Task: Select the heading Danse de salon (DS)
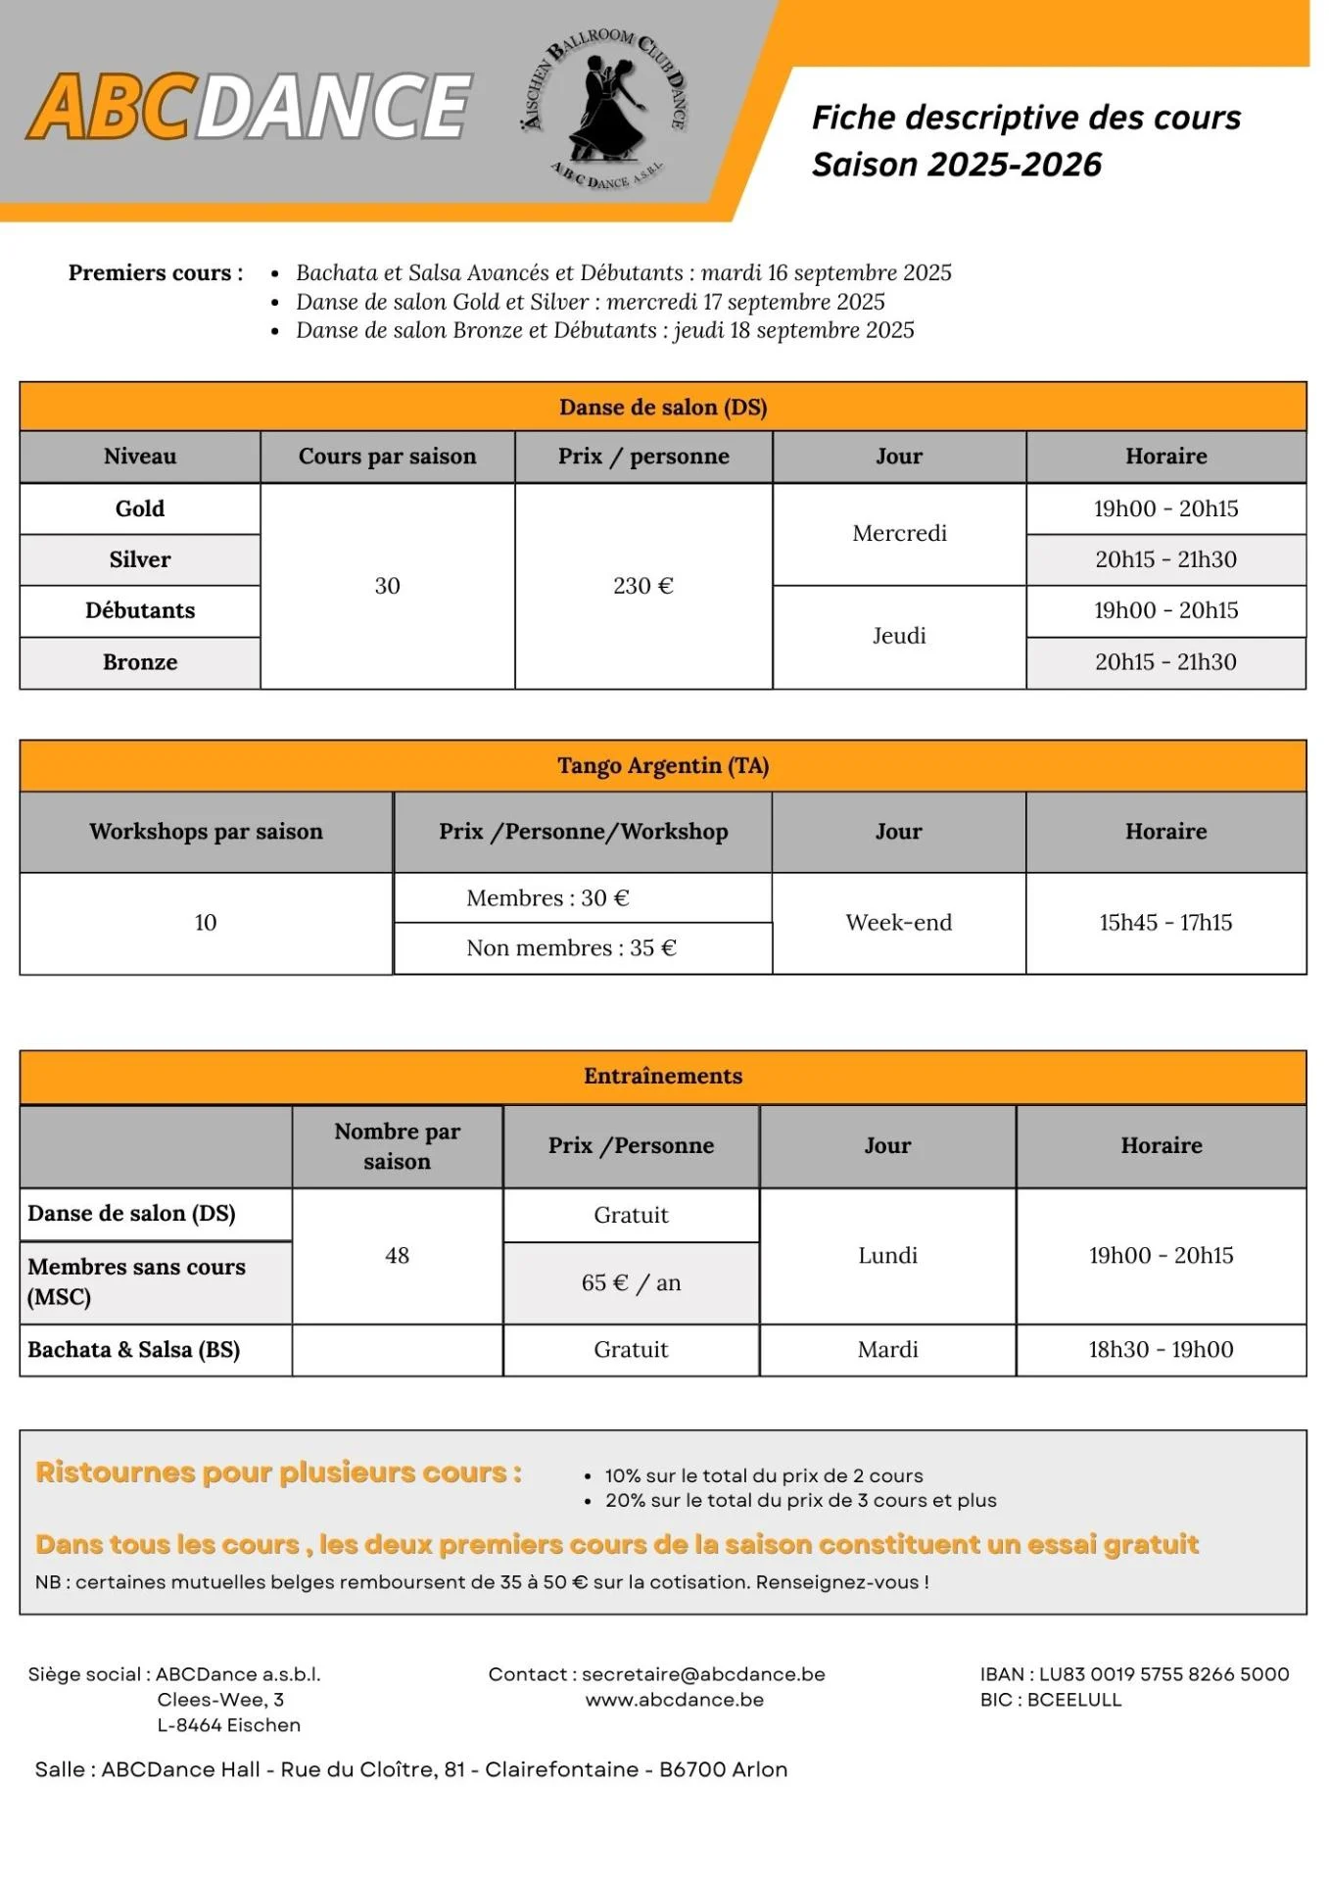[x=663, y=408]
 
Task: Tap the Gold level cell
[x=140, y=508]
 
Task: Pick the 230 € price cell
[x=643, y=586]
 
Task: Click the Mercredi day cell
[x=899, y=534]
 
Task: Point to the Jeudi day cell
[x=899, y=636]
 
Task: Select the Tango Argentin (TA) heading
[x=663, y=766]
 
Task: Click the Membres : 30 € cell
[x=547, y=898]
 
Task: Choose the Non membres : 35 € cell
[x=571, y=948]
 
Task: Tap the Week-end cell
[x=898, y=923]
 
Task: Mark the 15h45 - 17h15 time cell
[x=1165, y=923]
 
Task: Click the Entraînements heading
[x=663, y=1077]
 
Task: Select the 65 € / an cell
[x=631, y=1283]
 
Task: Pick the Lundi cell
[x=887, y=1256]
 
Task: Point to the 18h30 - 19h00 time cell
[x=1161, y=1350]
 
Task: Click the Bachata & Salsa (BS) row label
[x=134, y=1350]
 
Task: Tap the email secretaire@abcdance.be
[x=703, y=1674]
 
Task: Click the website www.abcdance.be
[x=675, y=1700]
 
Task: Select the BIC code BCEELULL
[x=1073, y=1700]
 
